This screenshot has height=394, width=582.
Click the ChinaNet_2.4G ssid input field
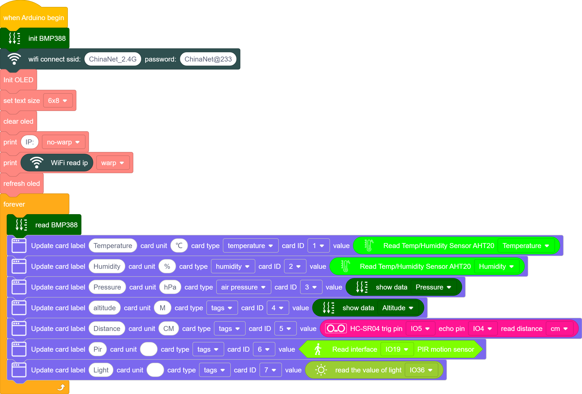click(x=113, y=59)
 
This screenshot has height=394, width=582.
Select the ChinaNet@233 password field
click(x=208, y=59)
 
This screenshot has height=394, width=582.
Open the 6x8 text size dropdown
click(x=58, y=101)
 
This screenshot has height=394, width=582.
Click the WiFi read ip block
click(x=57, y=163)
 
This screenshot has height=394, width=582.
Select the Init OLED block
click(x=19, y=80)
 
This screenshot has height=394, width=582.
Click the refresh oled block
click(x=22, y=184)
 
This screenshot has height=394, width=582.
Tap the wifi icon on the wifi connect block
click(x=14, y=59)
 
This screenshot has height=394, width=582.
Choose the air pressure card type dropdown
click(x=243, y=287)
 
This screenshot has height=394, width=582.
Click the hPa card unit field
click(x=170, y=287)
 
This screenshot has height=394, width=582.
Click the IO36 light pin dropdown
click(x=421, y=370)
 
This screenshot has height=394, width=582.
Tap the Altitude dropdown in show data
click(x=398, y=308)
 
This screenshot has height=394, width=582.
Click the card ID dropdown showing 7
click(x=270, y=370)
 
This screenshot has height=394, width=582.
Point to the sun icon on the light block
click(x=321, y=370)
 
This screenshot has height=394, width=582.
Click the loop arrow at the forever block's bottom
click(x=61, y=387)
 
